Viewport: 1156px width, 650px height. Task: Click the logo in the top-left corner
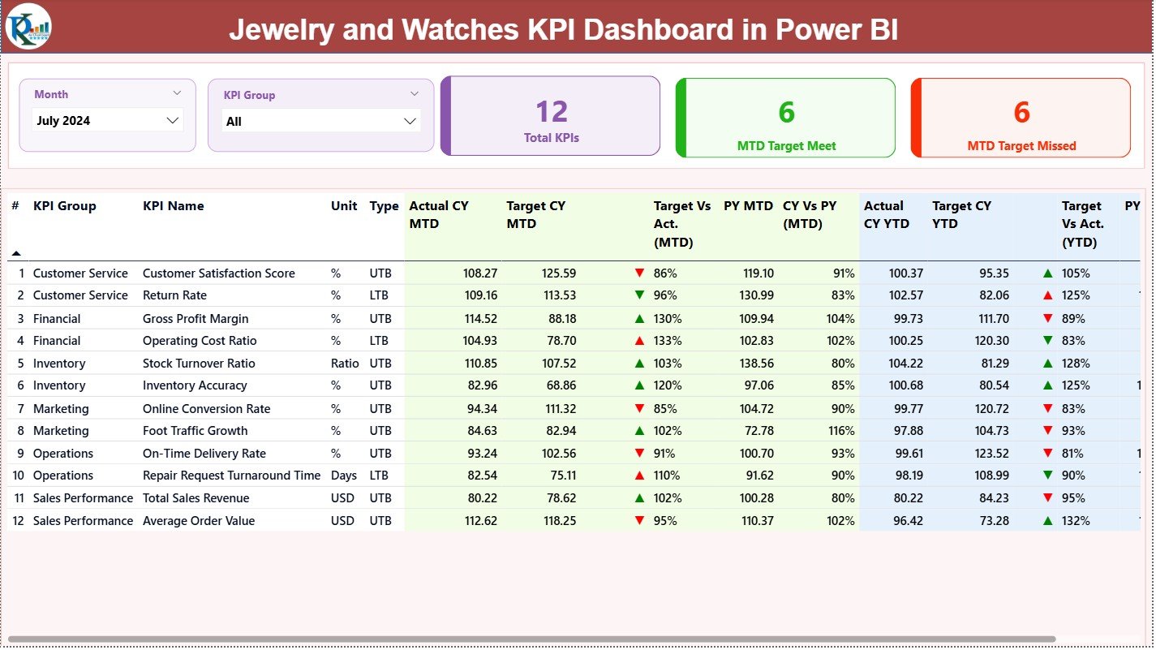(28, 27)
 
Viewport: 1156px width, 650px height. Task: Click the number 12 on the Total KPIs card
(552, 112)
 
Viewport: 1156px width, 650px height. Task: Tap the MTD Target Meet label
(786, 146)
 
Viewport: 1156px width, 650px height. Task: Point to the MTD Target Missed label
(1021, 146)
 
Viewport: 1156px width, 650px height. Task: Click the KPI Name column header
(174, 206)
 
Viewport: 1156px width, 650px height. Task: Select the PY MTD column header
(748, 206)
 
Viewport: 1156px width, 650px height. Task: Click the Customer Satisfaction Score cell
(219, 273)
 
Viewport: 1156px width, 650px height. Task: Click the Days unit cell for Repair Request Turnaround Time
(343, 476)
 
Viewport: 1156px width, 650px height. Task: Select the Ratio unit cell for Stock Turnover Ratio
(345, 364)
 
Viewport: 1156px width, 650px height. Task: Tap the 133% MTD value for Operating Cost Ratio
(668, 341)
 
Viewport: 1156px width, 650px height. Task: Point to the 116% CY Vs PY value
(840, 431)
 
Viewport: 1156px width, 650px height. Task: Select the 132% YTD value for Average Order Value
(1076, 521)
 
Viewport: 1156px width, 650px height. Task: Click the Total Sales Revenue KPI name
(196, 498)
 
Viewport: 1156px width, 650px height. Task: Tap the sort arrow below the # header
(16, 253)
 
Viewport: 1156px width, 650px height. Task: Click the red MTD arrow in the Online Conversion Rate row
(639, 409)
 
